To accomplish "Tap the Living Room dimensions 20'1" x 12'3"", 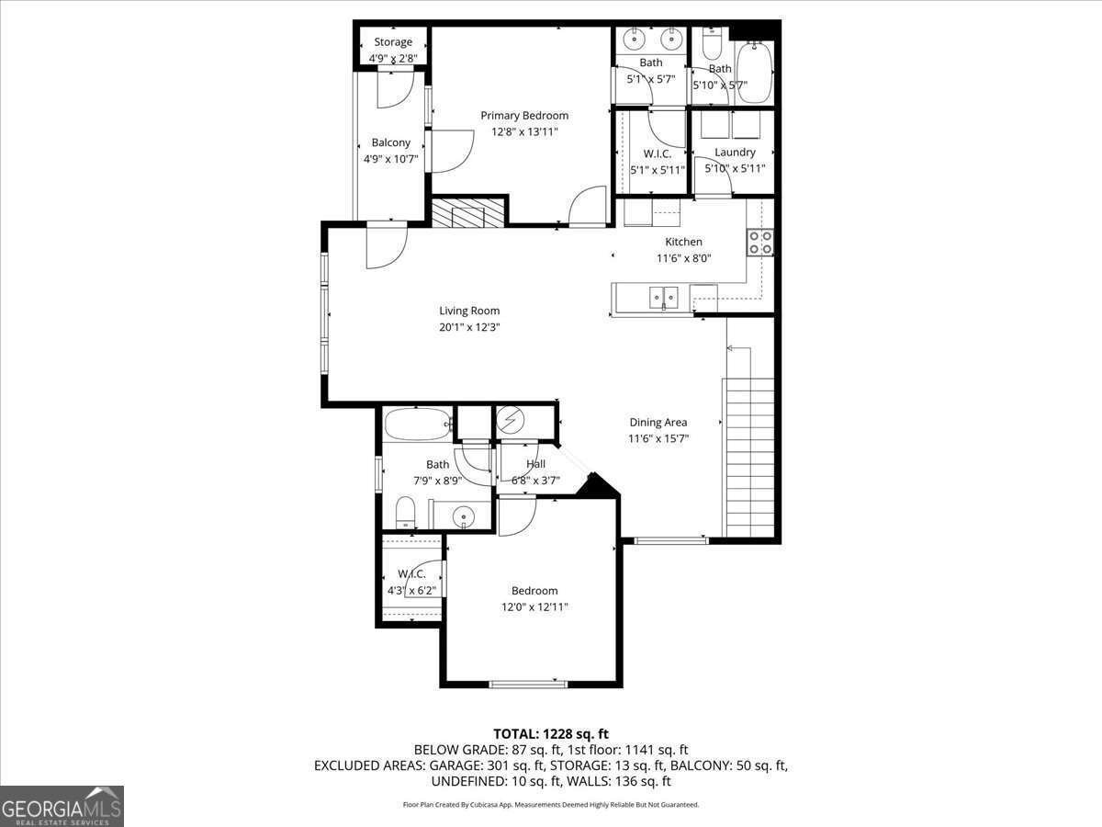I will coord(469,327).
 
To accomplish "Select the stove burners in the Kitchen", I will coord(759,243).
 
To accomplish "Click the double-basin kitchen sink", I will coord(663,296).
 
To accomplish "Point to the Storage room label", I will coord(393,42).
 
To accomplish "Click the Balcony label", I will coord(390,142).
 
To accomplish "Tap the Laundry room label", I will coord(735,153).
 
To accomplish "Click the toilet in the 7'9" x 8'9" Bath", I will coord(405,512).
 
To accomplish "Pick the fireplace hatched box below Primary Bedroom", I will coord(469,212).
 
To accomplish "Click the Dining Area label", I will coord(658,423).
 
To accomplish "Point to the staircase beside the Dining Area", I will coord(750,450).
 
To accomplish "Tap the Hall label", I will coord(535,464).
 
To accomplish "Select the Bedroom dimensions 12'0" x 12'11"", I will coord(534,607).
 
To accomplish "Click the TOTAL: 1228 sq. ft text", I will coord(551,733).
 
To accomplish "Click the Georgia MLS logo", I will coord(62,806).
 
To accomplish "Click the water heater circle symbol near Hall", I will coord(509,421).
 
